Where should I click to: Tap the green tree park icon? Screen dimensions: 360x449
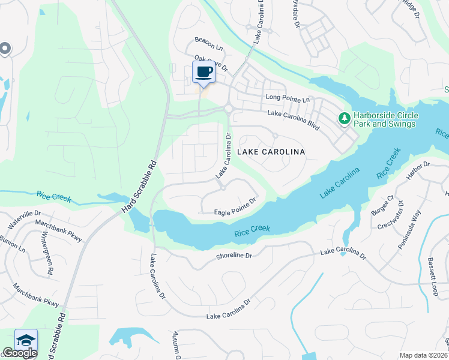pos(345,119)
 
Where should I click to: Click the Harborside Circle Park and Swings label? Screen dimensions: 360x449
pos(385,120)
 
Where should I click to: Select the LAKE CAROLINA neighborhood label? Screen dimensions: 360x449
pos(271,152)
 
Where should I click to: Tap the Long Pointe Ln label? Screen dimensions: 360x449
pos(287,98)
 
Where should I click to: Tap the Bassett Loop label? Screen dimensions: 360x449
pos(434,277)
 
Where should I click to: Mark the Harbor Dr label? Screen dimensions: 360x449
pos(418,169)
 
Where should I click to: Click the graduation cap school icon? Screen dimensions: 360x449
pos(26,340)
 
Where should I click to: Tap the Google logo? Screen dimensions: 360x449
pos(20,353)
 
